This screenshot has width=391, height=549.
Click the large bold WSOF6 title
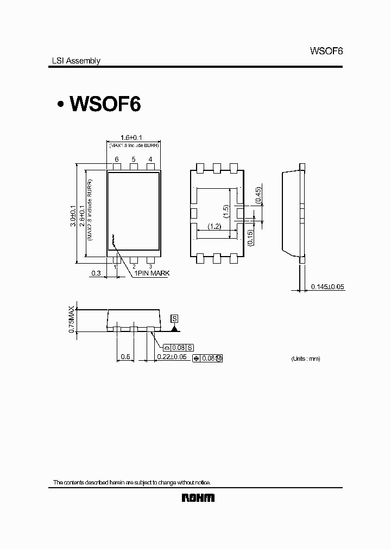pyautogui.click(x=103, y=104)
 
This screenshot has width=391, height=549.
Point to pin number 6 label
pyautogui.click(x=116, y=159)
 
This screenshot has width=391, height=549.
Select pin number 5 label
pyautogui.click(x=133, y=159)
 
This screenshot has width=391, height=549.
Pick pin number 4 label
pyautogui.click(x=150, y=159)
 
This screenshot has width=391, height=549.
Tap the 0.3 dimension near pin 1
pyautogui.click(x=96, y=273)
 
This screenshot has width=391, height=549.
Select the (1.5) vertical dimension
pyautogui.click(x=226, y=210)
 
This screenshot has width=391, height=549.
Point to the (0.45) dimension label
pyautogui.click(x=258, y=195)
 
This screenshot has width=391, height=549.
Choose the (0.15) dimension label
pyautogui.click(x=250, y=238)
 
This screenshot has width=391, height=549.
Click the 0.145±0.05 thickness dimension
pyautogui.click(x=327, y=286)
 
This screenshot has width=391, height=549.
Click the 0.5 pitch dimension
pyautogui.click(x=125, y=356)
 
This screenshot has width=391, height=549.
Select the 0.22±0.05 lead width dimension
pyautogui.click(x=172, y=356)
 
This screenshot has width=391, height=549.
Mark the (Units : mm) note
pyautogui.click(x=306, y=359)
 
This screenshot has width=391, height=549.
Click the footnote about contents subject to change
pyautogui.click(x=131, y=482)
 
